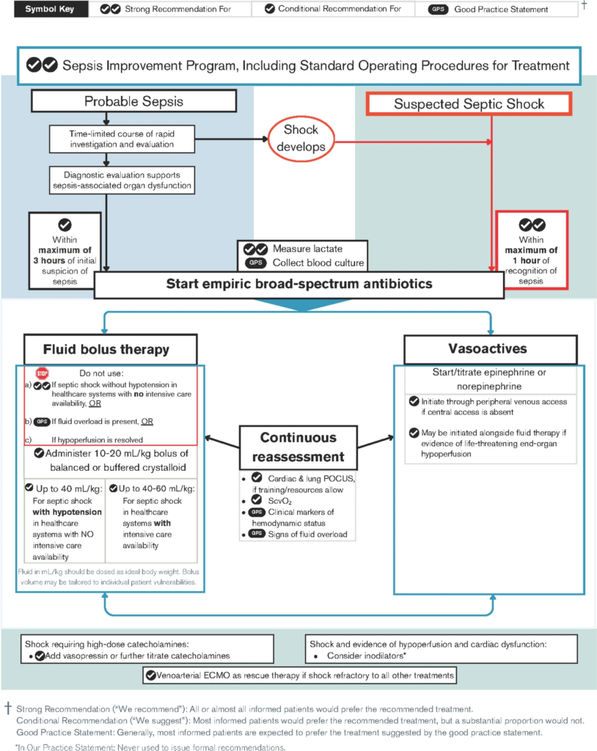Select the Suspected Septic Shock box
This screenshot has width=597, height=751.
coord(469,103)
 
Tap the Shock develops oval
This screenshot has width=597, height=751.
coord(301,138)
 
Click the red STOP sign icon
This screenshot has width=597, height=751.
coord(43,372)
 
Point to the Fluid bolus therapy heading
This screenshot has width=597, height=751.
coord(111,349)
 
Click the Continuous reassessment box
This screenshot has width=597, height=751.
coord(298,446)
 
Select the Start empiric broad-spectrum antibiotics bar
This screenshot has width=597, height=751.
coord(298,284)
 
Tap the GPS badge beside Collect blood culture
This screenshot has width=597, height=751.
coord(254,263)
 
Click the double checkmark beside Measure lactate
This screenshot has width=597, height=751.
coord(255,249)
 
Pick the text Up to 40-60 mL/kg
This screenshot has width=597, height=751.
coord(154,488)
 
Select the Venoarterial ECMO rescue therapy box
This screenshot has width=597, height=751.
coord(299,674)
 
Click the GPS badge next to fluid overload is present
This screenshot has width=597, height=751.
coord(42,421)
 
